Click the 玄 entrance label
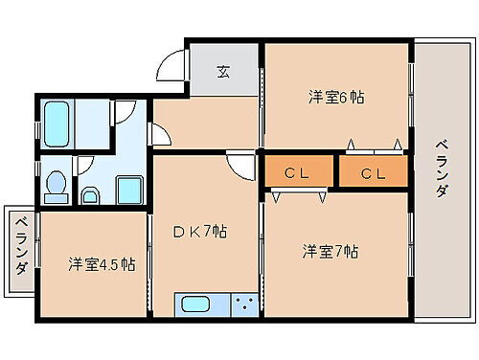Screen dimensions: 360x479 [x=223, y=70]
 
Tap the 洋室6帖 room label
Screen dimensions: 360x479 [x=335, y=97]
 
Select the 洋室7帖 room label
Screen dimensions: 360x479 [x=331, y=252]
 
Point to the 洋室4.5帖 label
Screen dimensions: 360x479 [x=101, y=263]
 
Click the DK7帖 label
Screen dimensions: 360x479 [x=199, y=232]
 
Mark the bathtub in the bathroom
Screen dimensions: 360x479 [x=57, y=123]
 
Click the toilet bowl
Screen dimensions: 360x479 [x=57, y=186]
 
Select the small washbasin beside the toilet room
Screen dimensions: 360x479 [x=91, y=196]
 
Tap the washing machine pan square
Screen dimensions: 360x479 [x=128, y=190]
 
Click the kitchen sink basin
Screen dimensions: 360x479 [x=196, y=306]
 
